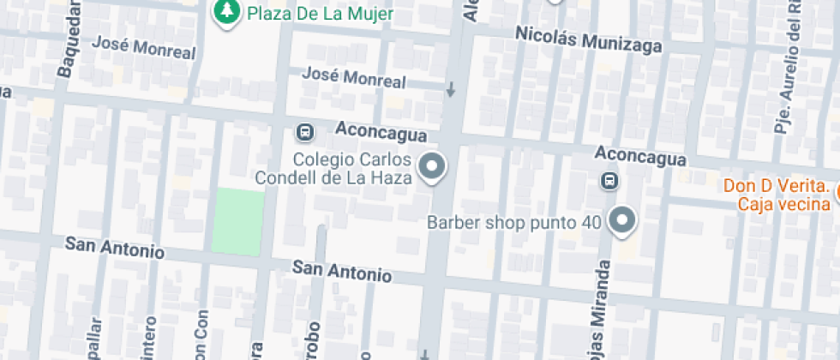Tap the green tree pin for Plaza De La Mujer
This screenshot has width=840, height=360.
226,12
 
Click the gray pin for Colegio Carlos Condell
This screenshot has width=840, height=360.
433,167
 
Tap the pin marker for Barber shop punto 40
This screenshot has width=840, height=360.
621,220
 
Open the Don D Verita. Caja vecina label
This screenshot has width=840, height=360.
776,194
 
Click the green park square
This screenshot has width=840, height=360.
237,222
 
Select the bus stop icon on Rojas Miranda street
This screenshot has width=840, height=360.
609,181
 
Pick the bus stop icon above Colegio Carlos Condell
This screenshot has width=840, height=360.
304,133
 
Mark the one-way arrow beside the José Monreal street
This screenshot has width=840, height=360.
451,89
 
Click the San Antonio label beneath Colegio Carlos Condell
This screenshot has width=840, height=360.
342,271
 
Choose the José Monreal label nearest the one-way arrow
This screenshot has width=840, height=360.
354,77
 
